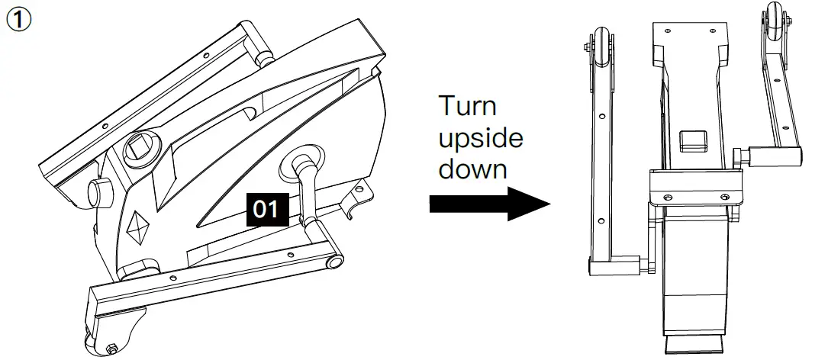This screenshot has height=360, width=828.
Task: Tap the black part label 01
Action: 265,209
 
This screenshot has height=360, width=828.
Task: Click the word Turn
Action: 468,106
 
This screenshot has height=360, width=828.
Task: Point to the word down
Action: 472,168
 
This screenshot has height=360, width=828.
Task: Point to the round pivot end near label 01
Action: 333,262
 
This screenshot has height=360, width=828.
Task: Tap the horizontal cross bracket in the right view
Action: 695,188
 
